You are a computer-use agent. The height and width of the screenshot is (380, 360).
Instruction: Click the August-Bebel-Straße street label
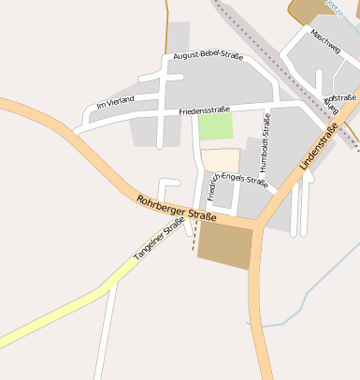[208, 56]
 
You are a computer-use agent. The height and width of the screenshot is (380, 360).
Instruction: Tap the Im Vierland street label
[116, 100]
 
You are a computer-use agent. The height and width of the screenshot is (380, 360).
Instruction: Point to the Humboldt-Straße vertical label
[266, 138]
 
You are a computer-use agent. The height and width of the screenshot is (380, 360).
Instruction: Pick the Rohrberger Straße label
[176, 208]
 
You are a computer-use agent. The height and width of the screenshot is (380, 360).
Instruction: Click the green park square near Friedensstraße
[215, 126]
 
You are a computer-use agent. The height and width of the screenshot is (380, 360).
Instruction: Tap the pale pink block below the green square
[220, 160]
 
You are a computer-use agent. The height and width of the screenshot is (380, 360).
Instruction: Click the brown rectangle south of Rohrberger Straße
[224, 246]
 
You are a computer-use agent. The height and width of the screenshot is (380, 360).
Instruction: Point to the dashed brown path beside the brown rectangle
[194, 241]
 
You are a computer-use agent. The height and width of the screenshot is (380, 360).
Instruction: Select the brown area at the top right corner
[309, 8]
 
